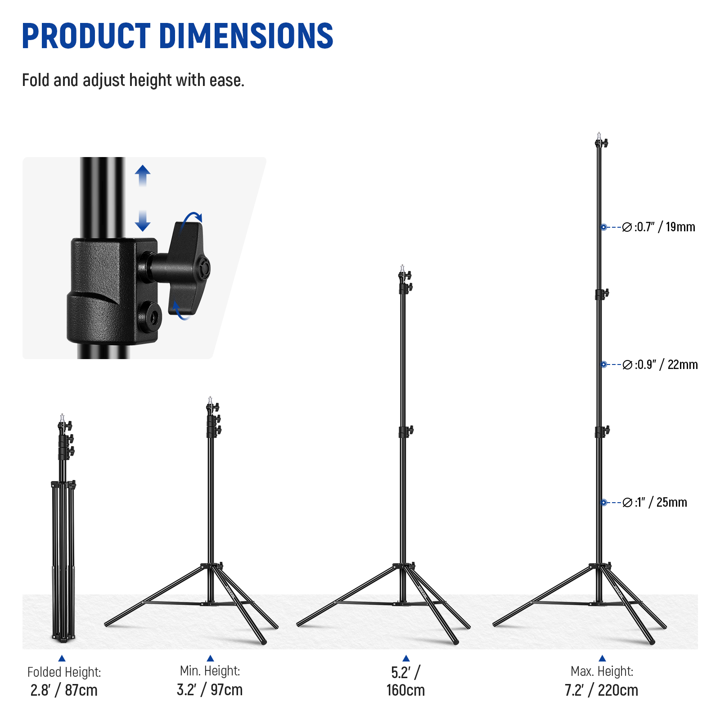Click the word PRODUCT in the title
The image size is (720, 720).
click(86, 36)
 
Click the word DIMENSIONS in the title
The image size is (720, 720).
click(247, 36)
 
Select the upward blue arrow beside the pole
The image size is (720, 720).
click(143, 175)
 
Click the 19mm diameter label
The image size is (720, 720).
click(659, 227)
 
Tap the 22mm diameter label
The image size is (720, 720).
click(660, 364)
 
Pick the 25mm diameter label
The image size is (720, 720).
click(655, 502)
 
